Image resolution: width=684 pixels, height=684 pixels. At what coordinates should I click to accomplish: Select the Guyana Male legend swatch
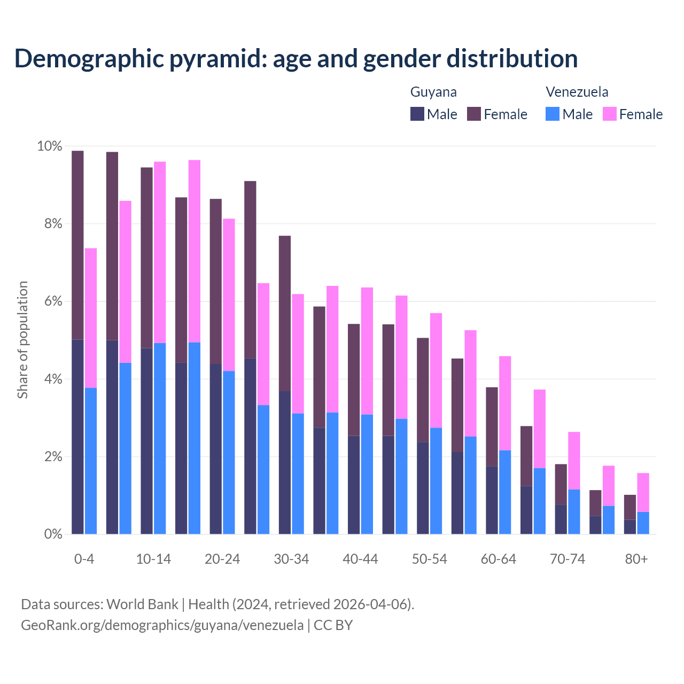click(x=417, y=114)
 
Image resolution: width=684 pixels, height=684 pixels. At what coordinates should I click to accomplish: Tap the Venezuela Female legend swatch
click(x=609, y=114)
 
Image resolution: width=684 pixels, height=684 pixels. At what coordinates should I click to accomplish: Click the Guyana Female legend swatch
click(x=474, y=114)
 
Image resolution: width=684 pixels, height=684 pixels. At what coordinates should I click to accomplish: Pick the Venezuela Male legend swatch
click(x=553, y=114)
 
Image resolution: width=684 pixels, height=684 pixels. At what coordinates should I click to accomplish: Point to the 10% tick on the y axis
click(x=49, y=146)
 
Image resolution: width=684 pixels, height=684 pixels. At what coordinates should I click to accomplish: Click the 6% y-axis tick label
click(x=53, y=301)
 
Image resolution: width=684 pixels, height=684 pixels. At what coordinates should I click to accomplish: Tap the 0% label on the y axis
click(x=53, y=534)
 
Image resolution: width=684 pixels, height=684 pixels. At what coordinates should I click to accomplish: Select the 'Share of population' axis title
click(x=22, y=340)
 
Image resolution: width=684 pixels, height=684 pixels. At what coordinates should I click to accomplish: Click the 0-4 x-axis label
click(x=84, y=559)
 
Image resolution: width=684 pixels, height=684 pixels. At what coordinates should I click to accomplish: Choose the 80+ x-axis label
click(x=636, y=559)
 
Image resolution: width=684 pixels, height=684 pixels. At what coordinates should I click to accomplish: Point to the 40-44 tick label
click(x=360, y=559)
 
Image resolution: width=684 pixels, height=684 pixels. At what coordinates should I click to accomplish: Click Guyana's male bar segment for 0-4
click(x=77, y=437)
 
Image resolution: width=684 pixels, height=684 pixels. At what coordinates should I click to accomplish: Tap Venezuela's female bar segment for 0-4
click(x=91, y=318)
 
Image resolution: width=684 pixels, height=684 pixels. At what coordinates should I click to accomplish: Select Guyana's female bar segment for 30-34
click(x=285, y=313)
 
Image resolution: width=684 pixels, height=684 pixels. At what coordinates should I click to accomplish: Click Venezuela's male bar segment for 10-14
click(x=160, y=438)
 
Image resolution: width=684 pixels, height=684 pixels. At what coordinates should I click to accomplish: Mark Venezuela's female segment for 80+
click(x=643, y=492)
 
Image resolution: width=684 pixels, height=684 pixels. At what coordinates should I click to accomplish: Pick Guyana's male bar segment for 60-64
click(x=492, y=500)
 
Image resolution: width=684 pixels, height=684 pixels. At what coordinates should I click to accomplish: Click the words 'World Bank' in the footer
click(x=142, y=604)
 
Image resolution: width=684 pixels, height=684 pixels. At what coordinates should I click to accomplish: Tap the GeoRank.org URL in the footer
click(x=162, y=625)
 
